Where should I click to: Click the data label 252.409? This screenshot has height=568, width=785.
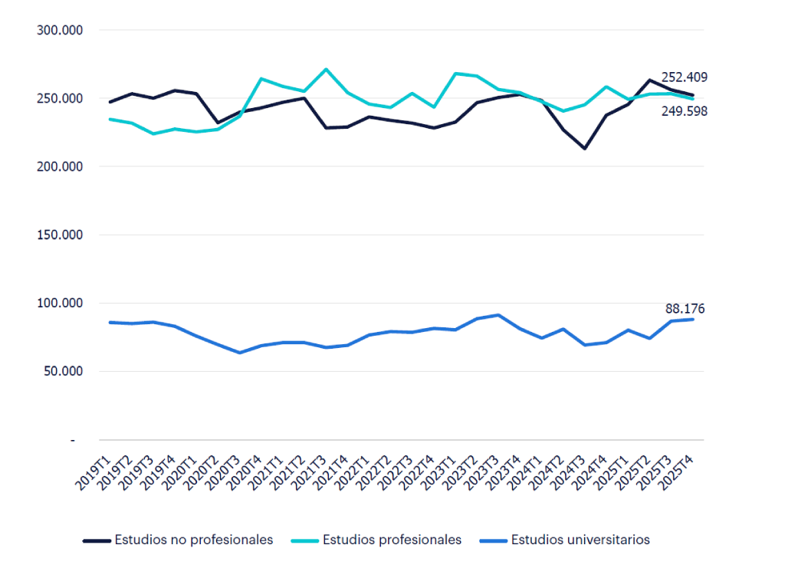684,77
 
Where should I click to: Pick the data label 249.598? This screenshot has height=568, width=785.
684,111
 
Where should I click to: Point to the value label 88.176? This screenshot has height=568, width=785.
685,309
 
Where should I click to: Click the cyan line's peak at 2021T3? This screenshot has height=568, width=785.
326,70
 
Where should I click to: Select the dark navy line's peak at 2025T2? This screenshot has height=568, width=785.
650,80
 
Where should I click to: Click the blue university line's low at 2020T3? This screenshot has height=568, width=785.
240,353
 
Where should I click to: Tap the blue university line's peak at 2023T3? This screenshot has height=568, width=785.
498,315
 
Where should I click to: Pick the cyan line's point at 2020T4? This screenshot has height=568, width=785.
261,79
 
